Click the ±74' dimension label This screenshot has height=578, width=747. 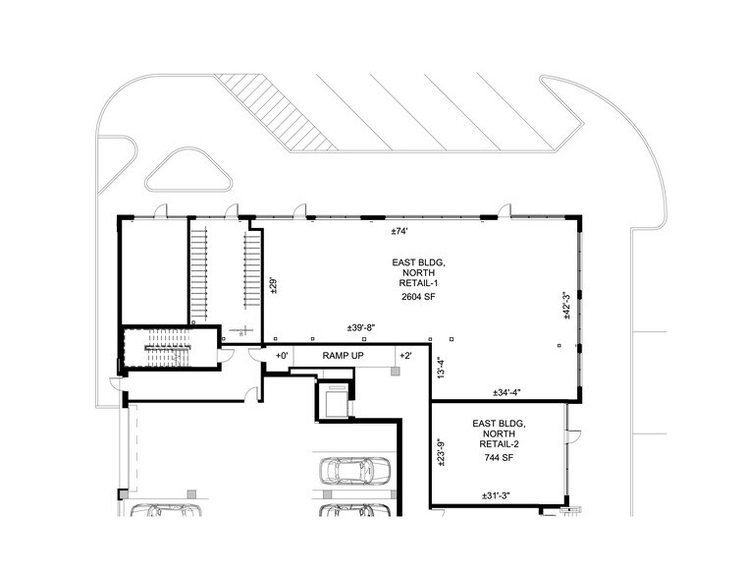(x=400, y=231)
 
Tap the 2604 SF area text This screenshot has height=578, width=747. (x=418, y=295)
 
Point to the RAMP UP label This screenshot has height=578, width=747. (x=343, y=355)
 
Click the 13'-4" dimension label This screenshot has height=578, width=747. (x=441, y=368)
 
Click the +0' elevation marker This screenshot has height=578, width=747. (x=281, y=355)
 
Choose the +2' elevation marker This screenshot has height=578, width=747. (x=404, y=355)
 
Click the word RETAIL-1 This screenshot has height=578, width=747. (x=418, y=280)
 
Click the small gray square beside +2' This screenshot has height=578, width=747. (x=395, y=373)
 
